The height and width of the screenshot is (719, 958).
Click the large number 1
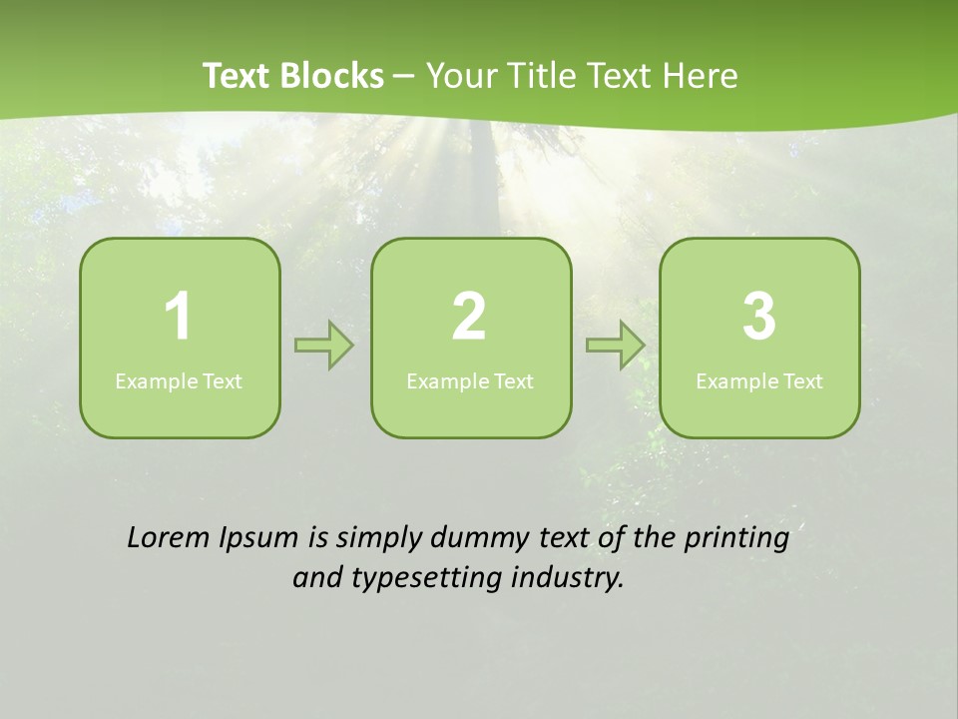coord(178,317)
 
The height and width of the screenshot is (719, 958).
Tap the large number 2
coord(469,317)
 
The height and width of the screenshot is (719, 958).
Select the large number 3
coord(759,317)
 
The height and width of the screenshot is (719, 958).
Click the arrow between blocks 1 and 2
coord(325,346)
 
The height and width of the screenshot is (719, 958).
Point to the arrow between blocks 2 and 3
coord(616,346)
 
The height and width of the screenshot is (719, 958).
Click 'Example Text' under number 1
coord(179,381)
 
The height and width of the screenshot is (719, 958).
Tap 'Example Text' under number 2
coord(470,381)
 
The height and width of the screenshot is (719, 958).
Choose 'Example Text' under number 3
coord(759,381)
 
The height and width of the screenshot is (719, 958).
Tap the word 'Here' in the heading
coord(703,76)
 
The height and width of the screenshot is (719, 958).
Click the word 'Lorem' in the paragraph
coord(169,537)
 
